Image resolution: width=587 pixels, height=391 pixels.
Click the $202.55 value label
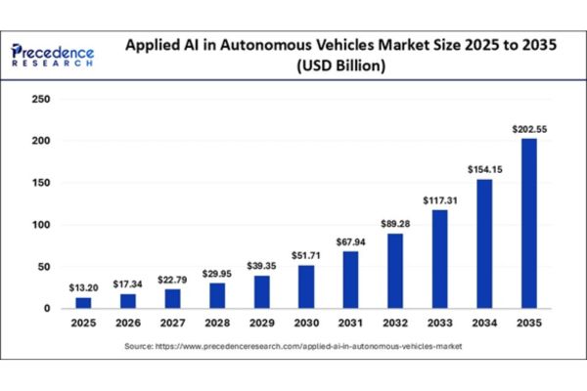pyautogui.click(x=527, y=128)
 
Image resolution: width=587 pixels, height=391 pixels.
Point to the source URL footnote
pyautogui.click(x=293, y=347)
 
